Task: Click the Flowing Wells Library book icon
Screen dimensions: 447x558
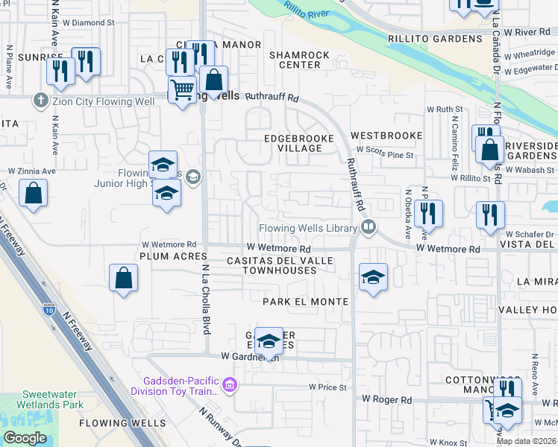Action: pos(367,227)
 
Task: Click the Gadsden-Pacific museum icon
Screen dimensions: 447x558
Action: pos(230,385)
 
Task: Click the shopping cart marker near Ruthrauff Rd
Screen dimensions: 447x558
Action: pos(182,90)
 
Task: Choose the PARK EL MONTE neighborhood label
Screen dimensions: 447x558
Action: pos(305,302)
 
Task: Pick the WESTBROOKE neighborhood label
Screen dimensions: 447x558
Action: pos(386,136)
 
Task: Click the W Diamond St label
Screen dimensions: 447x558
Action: pos(90,22)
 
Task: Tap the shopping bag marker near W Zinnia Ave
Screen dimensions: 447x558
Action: pos(34,194)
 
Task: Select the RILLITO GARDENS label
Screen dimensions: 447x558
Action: pos(435,39)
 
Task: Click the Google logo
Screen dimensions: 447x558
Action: pos(25,438)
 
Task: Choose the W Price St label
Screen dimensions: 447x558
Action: pos(327,387)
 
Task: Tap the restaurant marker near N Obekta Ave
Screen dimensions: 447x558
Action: pos(429,213)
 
